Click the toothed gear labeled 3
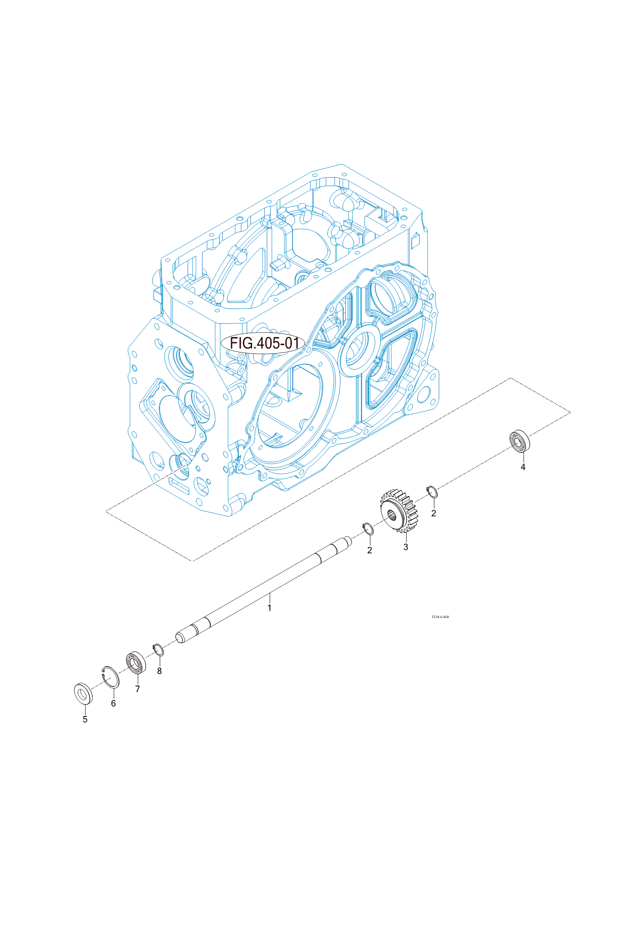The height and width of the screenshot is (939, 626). click(x=400, y=512)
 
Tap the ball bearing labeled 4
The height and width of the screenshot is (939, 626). click(x=520, y=441)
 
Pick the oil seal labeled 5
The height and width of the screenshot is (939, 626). click(x=83, y=693)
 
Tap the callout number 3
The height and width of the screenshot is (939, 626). click(x=406, y=547)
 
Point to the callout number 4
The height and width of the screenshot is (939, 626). click(x=523, y=467)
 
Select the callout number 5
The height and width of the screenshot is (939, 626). click(x=85, y=719)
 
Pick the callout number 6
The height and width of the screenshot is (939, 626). click(x=113, y=704)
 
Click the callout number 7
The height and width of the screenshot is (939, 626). click(x=137, y=689)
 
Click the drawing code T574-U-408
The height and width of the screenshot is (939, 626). click(x=440, y=617)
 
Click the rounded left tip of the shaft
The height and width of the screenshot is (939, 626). click(x=180, y=638)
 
